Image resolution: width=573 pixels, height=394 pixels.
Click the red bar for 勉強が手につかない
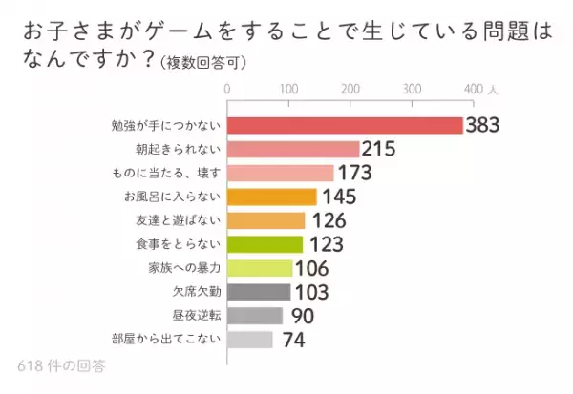pos(345,126)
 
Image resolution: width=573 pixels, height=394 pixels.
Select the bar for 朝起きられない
pos(293,150)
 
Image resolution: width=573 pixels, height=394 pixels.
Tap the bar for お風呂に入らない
pos(272,197)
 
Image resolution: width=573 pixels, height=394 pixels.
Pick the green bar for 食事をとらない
pos(265,244)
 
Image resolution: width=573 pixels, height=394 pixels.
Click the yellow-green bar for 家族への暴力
pos(260,268)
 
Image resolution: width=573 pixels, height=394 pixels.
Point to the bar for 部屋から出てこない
pos(250,340)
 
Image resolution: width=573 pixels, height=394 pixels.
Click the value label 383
pos(483,126)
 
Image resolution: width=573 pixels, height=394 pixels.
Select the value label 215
pos(379,150)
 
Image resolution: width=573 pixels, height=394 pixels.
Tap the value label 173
pos(354,174)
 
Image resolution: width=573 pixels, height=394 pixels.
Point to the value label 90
pos(300,316)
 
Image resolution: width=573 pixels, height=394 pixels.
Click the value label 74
pos(291,340)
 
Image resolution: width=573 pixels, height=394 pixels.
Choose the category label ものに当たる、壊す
pos(166,174)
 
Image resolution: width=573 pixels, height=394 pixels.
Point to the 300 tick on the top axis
pos(413,89)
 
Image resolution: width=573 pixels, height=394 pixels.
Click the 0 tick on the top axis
pos(227,89)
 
